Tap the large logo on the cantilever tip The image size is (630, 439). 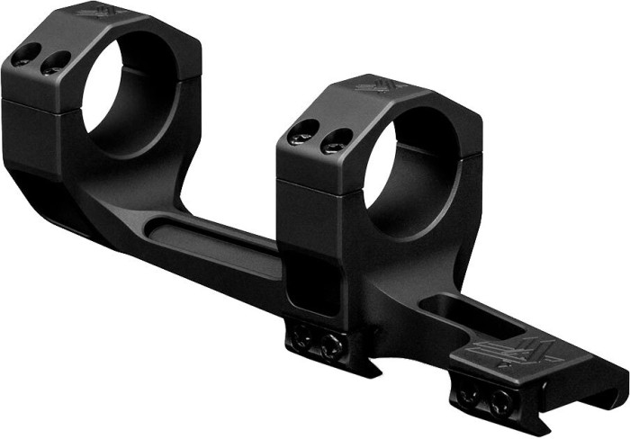coord(518,354)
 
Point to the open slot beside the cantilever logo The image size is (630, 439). coord(468,314)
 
